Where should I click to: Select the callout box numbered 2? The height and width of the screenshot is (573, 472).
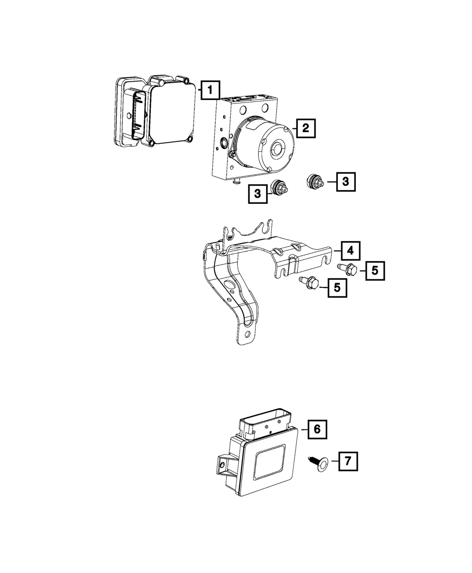tap(305, 127)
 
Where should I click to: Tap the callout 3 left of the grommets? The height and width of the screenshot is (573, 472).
tap(257, 194)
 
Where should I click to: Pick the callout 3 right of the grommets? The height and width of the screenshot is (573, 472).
tap(346, 182)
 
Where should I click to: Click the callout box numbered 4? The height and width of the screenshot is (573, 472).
tap(349, 250)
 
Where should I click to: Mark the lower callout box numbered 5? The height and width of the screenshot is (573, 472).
tap(337, 287)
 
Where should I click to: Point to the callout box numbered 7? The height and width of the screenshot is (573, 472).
tap(347, 461)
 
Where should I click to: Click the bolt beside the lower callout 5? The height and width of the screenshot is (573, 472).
tap(310, 283)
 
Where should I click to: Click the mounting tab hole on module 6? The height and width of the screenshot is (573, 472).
tap(222, 466)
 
